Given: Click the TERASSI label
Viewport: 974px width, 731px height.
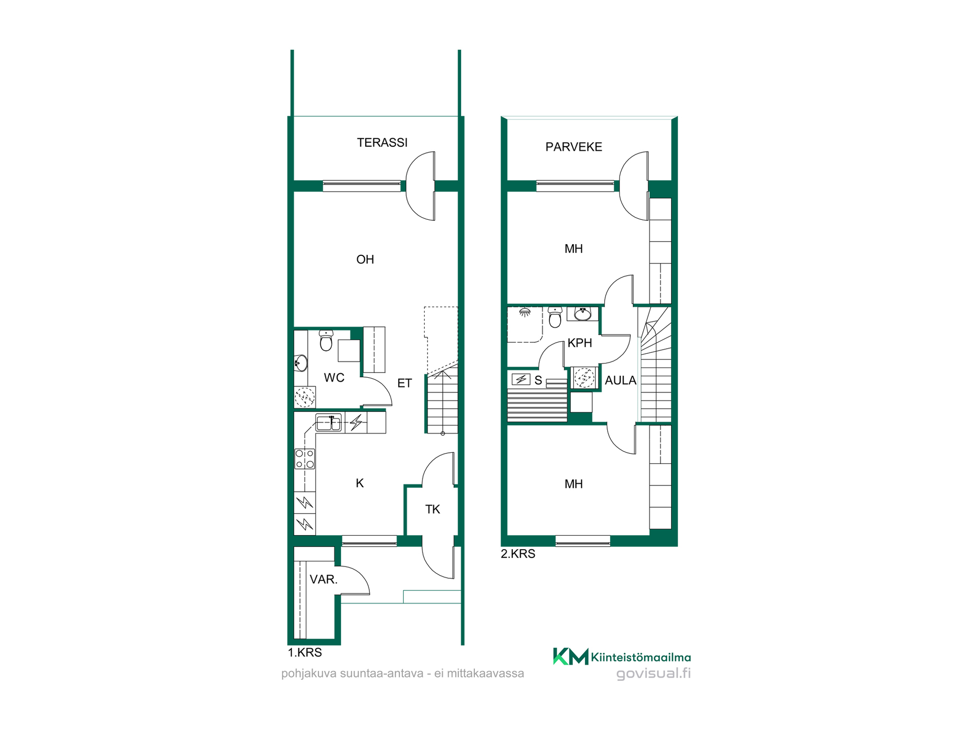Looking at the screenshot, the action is coord(382,143).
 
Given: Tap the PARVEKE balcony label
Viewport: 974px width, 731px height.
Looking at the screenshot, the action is coord(574,147).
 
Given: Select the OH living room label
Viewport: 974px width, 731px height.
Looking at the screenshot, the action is coord(365,259).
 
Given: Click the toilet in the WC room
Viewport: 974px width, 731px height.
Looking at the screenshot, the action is coord(326,341).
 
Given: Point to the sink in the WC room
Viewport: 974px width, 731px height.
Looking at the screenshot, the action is coord(301,363).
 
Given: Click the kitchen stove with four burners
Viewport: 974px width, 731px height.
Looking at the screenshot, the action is coord(305,459).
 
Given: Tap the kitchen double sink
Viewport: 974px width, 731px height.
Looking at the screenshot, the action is coord(328,423).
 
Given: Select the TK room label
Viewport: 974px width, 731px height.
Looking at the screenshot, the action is coord(433,509).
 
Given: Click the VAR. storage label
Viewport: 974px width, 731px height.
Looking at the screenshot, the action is coord(324,579).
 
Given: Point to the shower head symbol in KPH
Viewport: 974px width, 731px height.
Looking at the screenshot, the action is coord(525,312).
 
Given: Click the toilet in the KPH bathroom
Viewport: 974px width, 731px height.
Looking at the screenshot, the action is coord(555,317).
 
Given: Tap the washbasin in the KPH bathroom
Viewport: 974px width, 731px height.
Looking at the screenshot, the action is coord(582,314).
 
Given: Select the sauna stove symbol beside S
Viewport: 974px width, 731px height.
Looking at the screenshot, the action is coord(521,379).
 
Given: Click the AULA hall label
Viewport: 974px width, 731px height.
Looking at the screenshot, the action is coord(620,380).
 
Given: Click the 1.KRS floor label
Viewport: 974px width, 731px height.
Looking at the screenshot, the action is coord(305,653).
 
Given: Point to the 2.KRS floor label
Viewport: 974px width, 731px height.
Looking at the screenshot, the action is coord(518,554).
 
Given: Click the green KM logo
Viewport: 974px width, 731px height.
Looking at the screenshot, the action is coord(571,656).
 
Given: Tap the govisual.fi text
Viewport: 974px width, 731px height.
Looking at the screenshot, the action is coord(653,674).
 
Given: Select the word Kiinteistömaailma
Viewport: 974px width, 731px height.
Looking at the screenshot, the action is coord(641,657).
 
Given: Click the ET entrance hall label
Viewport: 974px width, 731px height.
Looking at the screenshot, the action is coord(404,383).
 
